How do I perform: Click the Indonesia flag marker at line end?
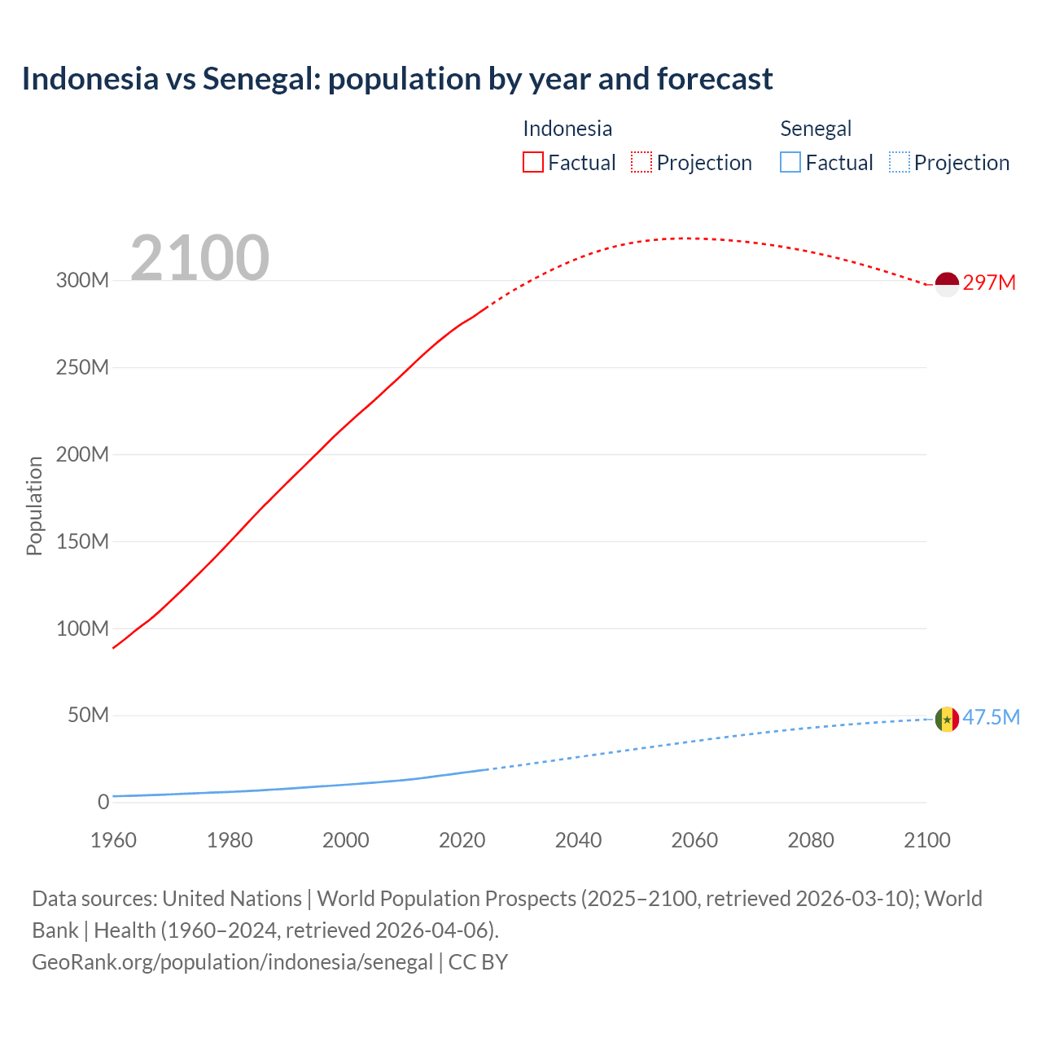tap(947, 284)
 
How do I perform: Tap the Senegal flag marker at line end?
tap(947, 720)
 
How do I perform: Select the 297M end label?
tap(989, 282)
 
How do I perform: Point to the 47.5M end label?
tap(991, 717)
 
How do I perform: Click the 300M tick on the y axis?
tap(82, 280)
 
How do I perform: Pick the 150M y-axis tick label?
tap(82, 541)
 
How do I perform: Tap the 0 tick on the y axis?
tap(103, 802)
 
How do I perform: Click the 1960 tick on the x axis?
tap(113, 840)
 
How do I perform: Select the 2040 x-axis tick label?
tap(578, 840)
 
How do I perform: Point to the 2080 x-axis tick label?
tap(811, 840)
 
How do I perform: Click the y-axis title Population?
tap(34, 506)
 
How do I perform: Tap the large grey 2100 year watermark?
tap(199, 258)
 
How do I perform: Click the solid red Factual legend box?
tap(532, 163)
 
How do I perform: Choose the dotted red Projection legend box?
tap(641, 163)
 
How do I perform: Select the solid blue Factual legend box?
tap(790, 163)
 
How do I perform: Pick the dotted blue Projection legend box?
tap(899, 163)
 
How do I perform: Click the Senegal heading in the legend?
tap(816, 129)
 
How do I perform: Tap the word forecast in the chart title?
tap(715, 79)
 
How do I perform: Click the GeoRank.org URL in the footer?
tap(232, 961)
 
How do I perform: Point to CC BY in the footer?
tap(478, 961)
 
